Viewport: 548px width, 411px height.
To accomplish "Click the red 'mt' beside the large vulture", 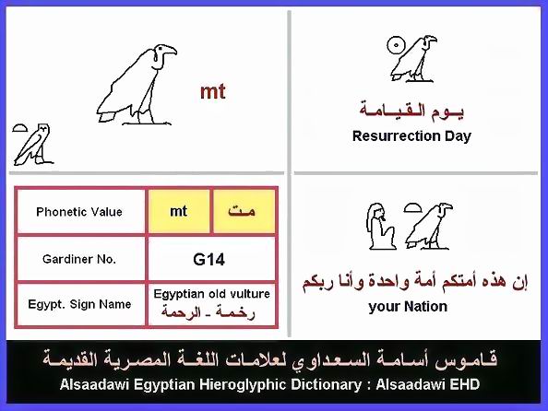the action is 213,91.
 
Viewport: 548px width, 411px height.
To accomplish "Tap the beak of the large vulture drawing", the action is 171,51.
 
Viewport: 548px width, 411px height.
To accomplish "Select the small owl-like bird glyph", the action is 33,144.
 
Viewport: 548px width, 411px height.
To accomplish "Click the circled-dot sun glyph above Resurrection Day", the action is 396,45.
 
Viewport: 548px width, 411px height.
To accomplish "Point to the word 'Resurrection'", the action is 397,135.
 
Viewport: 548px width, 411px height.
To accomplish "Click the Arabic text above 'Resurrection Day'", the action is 411,111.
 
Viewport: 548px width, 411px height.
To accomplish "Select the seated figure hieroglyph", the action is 381,227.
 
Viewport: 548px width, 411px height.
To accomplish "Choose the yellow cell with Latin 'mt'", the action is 179,211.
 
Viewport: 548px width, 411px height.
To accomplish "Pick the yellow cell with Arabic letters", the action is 244,211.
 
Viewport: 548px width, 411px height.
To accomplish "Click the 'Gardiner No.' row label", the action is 79,259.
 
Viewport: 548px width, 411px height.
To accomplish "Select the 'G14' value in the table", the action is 208,260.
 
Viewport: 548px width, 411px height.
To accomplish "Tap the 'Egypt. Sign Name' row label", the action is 79,304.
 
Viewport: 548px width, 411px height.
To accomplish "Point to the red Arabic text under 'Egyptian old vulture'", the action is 208,311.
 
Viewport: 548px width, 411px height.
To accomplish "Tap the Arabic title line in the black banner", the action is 269,359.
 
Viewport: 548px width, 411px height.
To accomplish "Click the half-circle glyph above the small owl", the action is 19,128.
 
